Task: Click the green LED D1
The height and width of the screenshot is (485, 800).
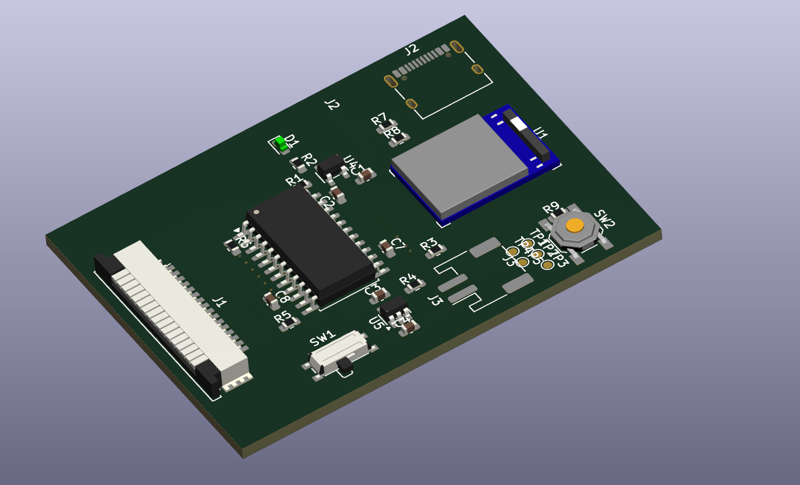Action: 282,144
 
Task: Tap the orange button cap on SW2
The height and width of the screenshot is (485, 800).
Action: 575,225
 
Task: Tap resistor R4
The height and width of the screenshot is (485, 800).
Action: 416,285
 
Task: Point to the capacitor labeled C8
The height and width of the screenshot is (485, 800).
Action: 270,301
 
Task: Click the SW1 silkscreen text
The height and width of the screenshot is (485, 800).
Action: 323,339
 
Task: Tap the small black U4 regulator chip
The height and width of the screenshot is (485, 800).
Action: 331,164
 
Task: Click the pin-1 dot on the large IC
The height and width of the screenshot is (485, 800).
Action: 256,212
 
